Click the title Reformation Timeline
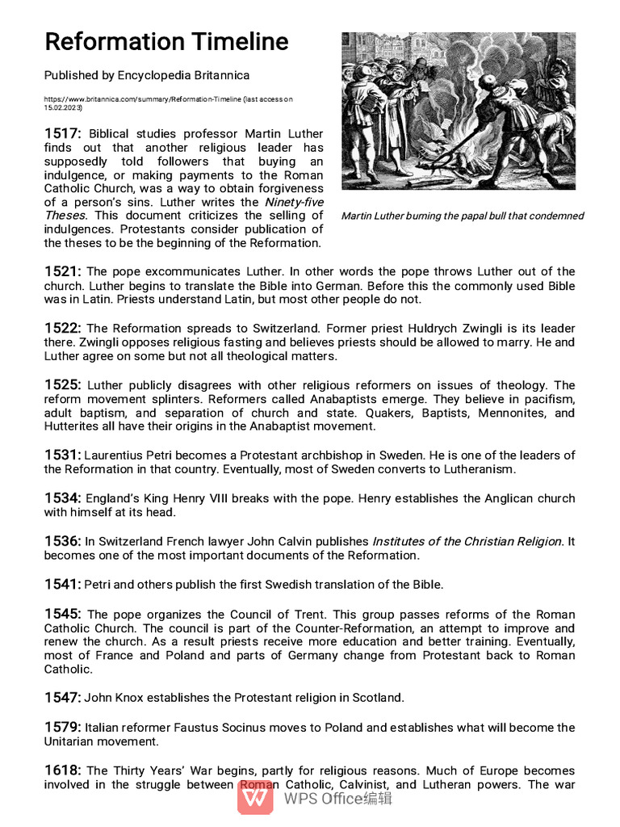click(165, 41)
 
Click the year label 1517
click(62, 133)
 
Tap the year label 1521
click(62, 271)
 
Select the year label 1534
click(62, 498)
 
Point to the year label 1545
click(62, 614)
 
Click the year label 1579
click(62, 727)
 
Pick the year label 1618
click(62, 770)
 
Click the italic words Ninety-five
click(294, 202)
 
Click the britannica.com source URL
click(168, 99)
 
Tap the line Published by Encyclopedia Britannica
click(147, 75)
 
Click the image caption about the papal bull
click(462, 216)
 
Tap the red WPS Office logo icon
click(255, 798)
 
